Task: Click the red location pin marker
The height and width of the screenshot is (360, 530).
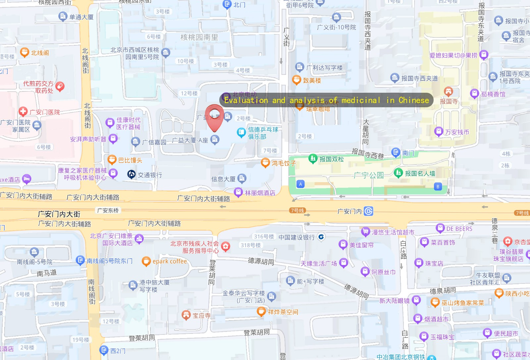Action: tap(214, 117)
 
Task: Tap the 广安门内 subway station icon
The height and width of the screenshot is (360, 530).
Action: tap(368, 211)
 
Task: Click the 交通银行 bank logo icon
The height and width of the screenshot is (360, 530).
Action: tap(132, 175)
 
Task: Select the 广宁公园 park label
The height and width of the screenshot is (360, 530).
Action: tap(368, 175)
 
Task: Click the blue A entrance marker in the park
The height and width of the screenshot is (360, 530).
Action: tap(300, 184)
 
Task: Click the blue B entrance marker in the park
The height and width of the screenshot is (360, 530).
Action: tap(438, 186)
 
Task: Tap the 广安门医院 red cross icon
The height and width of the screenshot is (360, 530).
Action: tap(23, 112)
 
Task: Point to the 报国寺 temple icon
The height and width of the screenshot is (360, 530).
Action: tap(448, 91)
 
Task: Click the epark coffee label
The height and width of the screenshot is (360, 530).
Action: tap(170, 261)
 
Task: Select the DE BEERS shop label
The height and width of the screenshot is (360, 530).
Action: tap(459, 229)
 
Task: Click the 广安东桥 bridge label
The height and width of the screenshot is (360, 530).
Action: tap(108, 210)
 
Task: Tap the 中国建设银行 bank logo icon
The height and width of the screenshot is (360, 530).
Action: tap(321, 237)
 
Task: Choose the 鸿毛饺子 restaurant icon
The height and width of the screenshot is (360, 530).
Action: tap(265, 163)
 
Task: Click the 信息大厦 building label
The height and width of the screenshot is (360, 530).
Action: tap(223, 179)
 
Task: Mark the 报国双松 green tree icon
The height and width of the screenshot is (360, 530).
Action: tap(313, 159)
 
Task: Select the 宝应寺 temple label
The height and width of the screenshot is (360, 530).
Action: tap(201, 316)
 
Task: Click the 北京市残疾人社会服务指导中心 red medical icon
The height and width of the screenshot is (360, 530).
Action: tap(226, 247)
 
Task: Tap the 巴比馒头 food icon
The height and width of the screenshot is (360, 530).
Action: tap(112, 160)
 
